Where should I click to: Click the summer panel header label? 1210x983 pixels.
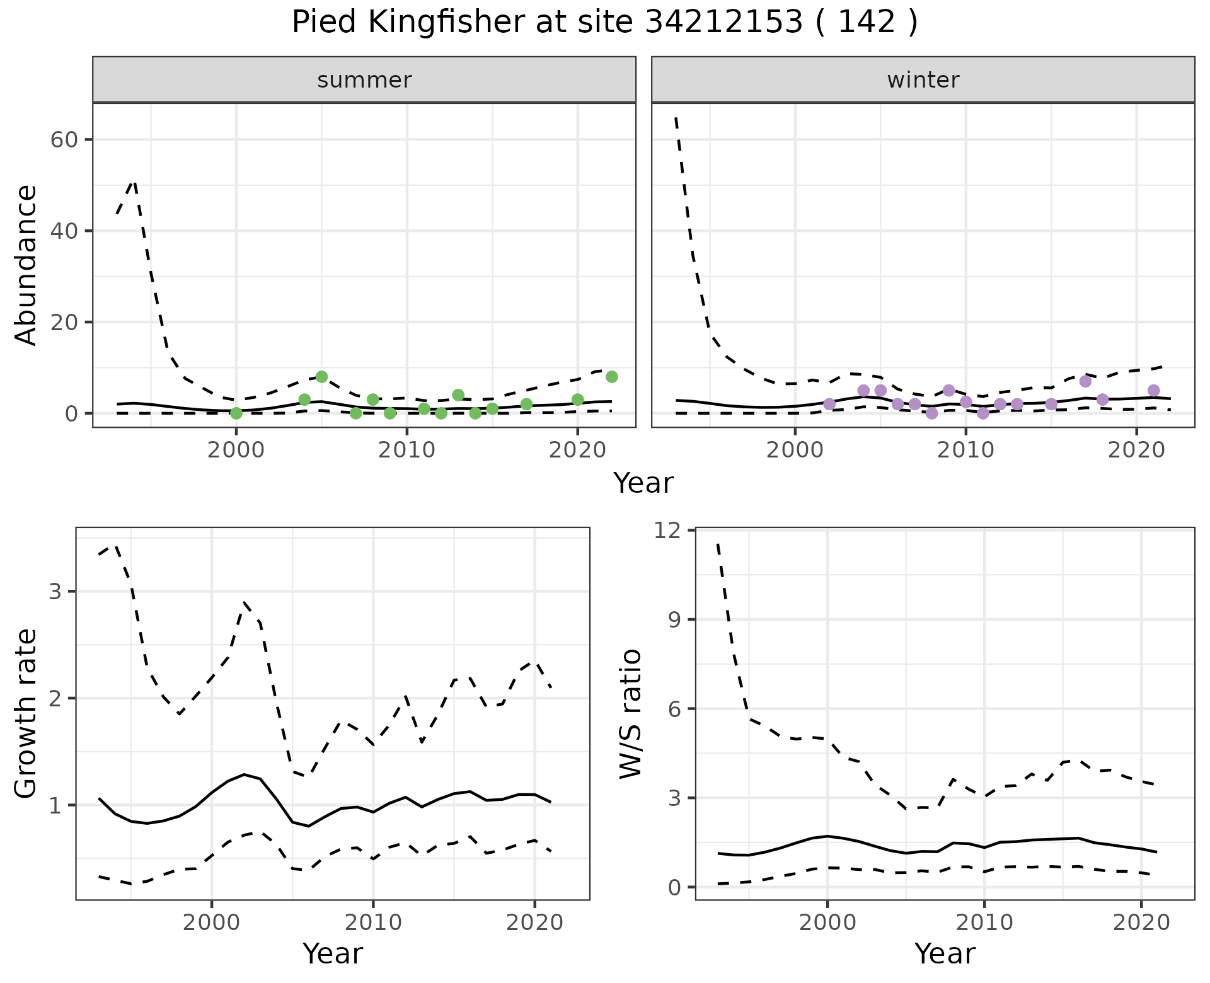[364, 80]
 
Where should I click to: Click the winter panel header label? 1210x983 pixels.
[923, 80]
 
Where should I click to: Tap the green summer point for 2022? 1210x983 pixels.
[611, 377]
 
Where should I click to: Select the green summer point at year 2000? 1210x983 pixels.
[236, 413]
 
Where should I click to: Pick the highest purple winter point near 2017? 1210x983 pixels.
[1085, 381]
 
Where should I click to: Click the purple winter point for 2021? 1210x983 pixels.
[1153, 391]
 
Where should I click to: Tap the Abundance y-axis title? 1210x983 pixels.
[26, 265]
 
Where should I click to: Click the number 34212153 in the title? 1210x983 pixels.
[724, 23]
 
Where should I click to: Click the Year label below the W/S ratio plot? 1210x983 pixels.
[944, 953]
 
